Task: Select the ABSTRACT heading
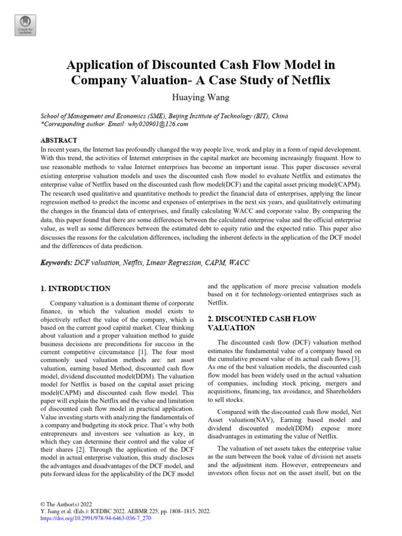pos(59,140)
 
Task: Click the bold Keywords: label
pos(57,263)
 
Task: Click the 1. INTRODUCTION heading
pos(75,288)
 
